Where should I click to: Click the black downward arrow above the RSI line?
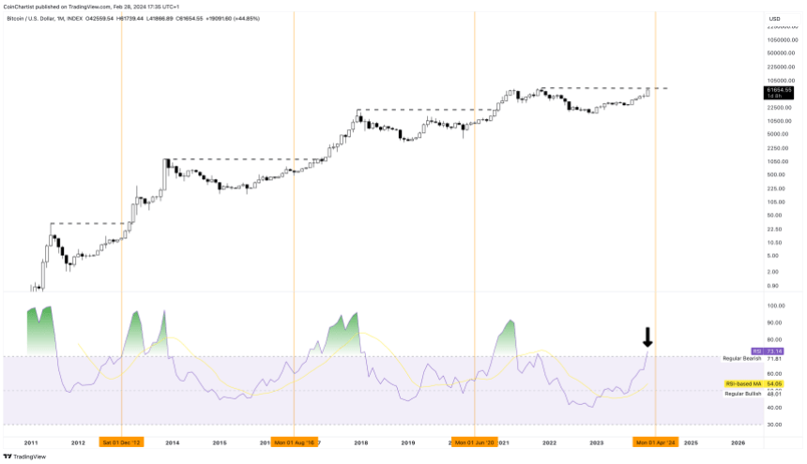[647, 337]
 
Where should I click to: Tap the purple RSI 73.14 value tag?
[774, 351]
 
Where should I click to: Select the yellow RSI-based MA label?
[741, 383]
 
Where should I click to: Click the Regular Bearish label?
[741, 359]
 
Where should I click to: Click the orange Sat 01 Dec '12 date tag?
[122, 442]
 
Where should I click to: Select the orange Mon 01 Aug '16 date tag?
[295, 442]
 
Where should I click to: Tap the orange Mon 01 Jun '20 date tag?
[475, 442]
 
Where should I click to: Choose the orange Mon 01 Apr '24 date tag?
[655, 442]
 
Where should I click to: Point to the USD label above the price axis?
[774, 19]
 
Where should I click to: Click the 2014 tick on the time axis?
[173, 442]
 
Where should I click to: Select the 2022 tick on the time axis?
[550, 442]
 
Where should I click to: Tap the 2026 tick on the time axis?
[738, 442]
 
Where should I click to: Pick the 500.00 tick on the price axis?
[775, 174]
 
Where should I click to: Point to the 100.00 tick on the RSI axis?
[775, 307]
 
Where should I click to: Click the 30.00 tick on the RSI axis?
[775, 425]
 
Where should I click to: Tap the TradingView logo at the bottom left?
[22, 457]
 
